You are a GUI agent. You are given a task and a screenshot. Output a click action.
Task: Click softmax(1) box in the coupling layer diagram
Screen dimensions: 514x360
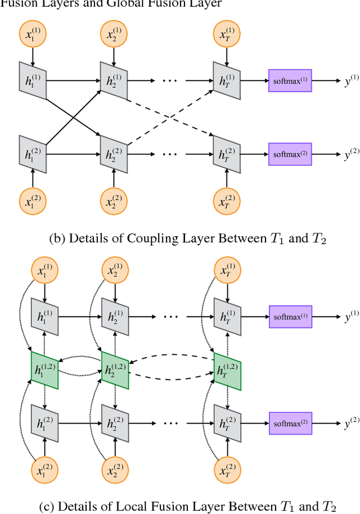(290, 80)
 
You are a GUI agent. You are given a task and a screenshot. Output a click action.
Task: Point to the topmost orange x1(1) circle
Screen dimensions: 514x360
(32, 35)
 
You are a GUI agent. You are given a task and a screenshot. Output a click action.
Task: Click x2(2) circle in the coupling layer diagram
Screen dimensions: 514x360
(114, 201)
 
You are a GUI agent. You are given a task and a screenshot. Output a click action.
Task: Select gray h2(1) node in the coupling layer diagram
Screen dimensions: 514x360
(114, 80)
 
